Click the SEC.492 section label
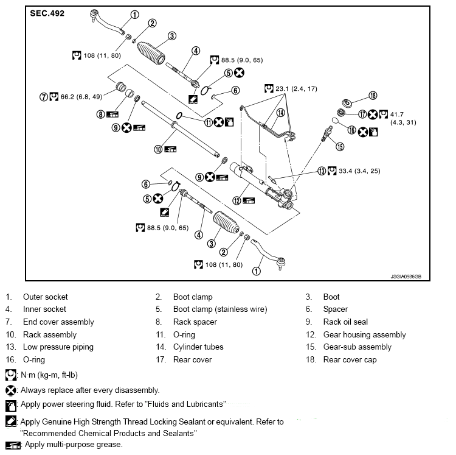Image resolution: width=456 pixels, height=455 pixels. click(x=47, y=13)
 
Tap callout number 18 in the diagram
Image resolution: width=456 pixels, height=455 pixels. click(x=373, y=96)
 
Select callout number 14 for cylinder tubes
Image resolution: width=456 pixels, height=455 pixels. click(x=280, y=113)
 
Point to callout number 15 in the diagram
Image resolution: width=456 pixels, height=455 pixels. click(x=340, y=147)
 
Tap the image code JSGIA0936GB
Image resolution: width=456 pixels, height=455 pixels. click(x=406, y=277)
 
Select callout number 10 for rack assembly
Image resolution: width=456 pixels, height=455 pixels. click(x=158, y=149)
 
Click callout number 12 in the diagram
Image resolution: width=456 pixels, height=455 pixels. click(x=237, y=200)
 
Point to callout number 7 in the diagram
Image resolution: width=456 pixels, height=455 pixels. click(x=44, y=97)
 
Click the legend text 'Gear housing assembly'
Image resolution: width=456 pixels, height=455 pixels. click(x=364, y=334)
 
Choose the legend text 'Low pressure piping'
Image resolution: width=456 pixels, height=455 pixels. click(x=58, y=347)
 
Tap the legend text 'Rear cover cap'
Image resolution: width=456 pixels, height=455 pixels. click(x=350, y=360)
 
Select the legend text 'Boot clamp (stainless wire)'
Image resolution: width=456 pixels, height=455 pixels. click(x=220, y=309)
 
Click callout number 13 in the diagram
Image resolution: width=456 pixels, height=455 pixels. click(x=322, y=171)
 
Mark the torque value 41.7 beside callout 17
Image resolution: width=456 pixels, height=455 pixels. click(x=396, y=115)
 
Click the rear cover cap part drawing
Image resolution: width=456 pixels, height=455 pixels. click(x=347, y=103)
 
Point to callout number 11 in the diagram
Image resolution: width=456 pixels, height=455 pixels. click(x=209, y=122)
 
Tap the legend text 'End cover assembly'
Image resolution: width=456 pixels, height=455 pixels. click(x=58, y=322)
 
